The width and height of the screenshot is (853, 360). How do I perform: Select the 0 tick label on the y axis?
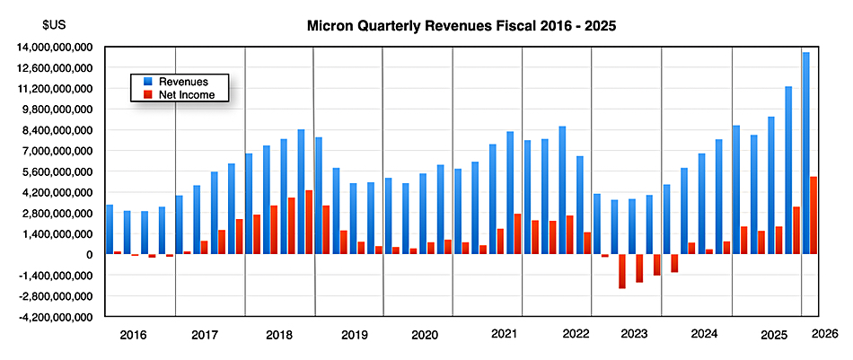[90, 255]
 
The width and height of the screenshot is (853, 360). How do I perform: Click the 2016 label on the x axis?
[133, 335]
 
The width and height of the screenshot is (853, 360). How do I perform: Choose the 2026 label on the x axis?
[824, 333]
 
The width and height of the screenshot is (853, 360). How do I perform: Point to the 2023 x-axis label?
[634, 335]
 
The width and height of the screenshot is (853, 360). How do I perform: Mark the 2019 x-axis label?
[355, 335]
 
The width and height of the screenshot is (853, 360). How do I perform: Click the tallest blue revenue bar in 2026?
[806, 154]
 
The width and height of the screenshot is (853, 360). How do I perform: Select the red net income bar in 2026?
[813, 215]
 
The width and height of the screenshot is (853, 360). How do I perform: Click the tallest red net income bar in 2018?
[309, 223]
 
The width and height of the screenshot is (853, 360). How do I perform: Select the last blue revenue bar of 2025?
[788, 171]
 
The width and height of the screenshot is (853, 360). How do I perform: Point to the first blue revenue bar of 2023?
[597, 224]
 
